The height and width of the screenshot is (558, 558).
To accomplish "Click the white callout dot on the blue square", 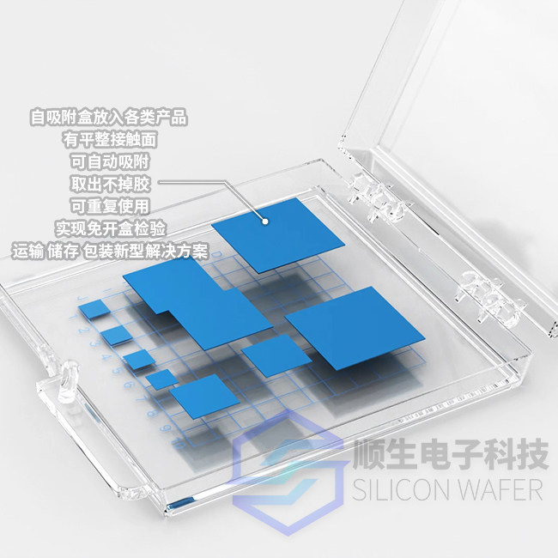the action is click(265, 221).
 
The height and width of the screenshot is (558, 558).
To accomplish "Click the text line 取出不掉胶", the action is click(111, 185).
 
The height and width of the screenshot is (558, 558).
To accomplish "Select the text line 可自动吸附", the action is click(110, 162).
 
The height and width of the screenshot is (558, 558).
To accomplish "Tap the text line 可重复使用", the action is click(110, 206).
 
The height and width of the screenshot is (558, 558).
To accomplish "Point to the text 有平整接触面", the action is click(111, 139).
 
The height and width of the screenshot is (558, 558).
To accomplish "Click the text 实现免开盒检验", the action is click(111, 229).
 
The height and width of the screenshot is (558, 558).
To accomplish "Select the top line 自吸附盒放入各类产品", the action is click(108, 117).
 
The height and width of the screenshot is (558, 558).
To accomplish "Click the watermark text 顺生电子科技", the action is click(451, 454).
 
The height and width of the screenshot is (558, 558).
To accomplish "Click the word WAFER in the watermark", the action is click(500, 490).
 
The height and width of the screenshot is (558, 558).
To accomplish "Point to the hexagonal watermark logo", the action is click(288, 473).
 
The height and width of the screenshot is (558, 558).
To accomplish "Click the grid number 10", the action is click(178, 443).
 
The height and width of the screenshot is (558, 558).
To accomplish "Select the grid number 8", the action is click(152, 414).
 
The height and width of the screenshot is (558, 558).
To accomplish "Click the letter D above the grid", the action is click(219, 254).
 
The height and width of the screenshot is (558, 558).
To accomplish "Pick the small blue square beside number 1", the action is click(95, 308).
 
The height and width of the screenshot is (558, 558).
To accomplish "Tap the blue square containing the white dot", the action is click(278, 235).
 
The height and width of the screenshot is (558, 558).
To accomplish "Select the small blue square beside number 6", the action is click(162, 379).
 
